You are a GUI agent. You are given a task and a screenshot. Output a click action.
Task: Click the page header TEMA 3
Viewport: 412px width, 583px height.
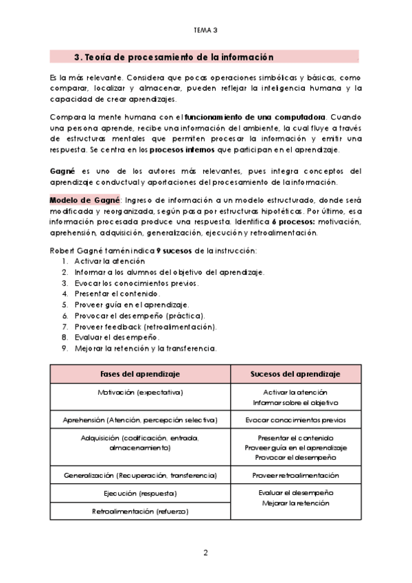click(205, 30)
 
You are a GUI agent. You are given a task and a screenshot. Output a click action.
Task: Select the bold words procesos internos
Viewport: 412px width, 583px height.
click(181, 149)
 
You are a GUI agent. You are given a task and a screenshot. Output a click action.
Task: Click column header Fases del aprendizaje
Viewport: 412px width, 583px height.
click(140, 373)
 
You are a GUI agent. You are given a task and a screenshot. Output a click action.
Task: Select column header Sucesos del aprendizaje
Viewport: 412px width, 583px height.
click(295, 373)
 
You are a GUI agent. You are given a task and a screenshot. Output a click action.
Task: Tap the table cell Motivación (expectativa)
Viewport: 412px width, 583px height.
click(140, 392)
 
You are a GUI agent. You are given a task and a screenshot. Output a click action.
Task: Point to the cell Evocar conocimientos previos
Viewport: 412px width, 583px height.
click(295, 419)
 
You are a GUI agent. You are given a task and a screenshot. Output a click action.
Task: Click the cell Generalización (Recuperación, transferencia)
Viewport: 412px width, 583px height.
click(140, 475)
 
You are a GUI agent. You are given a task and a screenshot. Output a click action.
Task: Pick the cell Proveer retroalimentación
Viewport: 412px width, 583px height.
click(295, 475)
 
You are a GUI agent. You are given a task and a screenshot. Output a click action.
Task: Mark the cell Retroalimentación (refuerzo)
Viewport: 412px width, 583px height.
click(140, 511)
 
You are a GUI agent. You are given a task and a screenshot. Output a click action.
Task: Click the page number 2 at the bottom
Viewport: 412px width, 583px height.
click(205, 553)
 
